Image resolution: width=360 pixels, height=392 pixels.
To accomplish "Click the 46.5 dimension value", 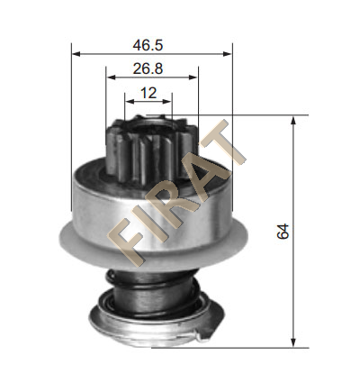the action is click(148, 45).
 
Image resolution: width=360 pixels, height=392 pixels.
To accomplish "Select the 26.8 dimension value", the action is click(148, 69).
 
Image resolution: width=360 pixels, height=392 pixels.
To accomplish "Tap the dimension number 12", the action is click(148, 93).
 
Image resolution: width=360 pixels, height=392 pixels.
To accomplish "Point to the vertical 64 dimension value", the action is click(283, 231).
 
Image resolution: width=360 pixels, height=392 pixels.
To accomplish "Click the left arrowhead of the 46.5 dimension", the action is click(76, 54).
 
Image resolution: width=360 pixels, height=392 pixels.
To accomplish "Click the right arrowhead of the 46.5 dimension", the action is click(228, 54).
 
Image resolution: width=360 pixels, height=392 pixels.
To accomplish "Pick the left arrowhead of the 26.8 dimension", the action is click(111, 77).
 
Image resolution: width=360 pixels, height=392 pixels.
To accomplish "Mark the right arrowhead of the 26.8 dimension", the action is click(193, 77).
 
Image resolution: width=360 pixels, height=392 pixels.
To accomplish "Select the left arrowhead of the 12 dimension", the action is click(130, 102).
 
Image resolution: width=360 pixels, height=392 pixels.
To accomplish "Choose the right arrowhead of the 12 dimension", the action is click(166, 102).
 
